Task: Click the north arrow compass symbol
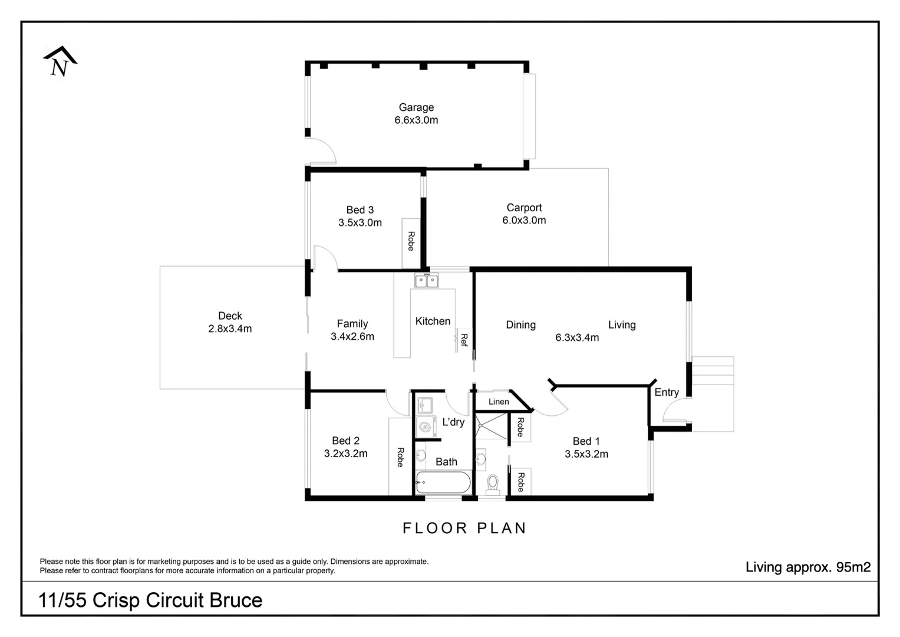point(60,62)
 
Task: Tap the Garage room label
point(416,107)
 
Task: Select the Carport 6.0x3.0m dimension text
point(524,221)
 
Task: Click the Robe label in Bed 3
point(411,241)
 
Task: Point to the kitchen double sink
point(427,281)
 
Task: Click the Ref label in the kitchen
point(464,340)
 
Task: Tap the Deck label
point(230,316)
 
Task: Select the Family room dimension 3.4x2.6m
point(352,337)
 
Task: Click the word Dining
point(520,325)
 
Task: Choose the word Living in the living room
point(622,325)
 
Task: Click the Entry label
point(667,392)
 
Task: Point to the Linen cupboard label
point(499,402)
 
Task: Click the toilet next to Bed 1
point(493,484)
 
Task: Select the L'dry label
point(453,422)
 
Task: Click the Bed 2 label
point(345,441)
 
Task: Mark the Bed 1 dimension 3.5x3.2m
point(586,454)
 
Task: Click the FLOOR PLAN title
point(464,528)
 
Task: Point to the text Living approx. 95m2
point(807,567)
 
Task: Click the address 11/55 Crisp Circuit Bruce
point(150,600)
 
